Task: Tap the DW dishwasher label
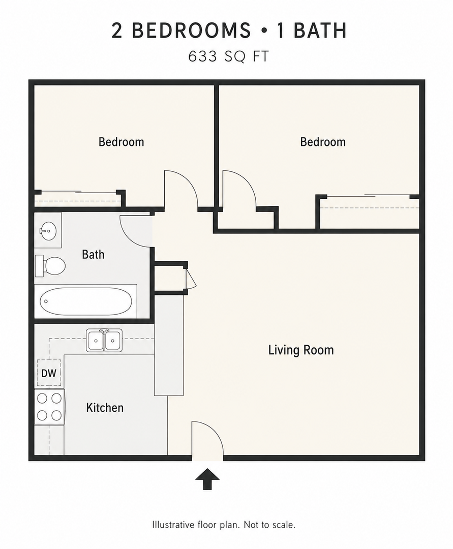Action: point(49,373)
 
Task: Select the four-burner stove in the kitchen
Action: point(49,407)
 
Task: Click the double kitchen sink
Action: point(104,340)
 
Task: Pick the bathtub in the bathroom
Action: point(86,301)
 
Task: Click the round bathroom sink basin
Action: point(48,231)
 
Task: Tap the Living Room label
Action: point(301,350)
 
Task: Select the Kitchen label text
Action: point(105,408)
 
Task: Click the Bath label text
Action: point(93,254)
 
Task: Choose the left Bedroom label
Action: point(121,142)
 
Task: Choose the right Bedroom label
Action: point(323,142)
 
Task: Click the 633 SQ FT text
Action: point(229,56)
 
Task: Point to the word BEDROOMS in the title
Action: point(191,30)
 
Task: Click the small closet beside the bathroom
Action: point(169,276)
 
